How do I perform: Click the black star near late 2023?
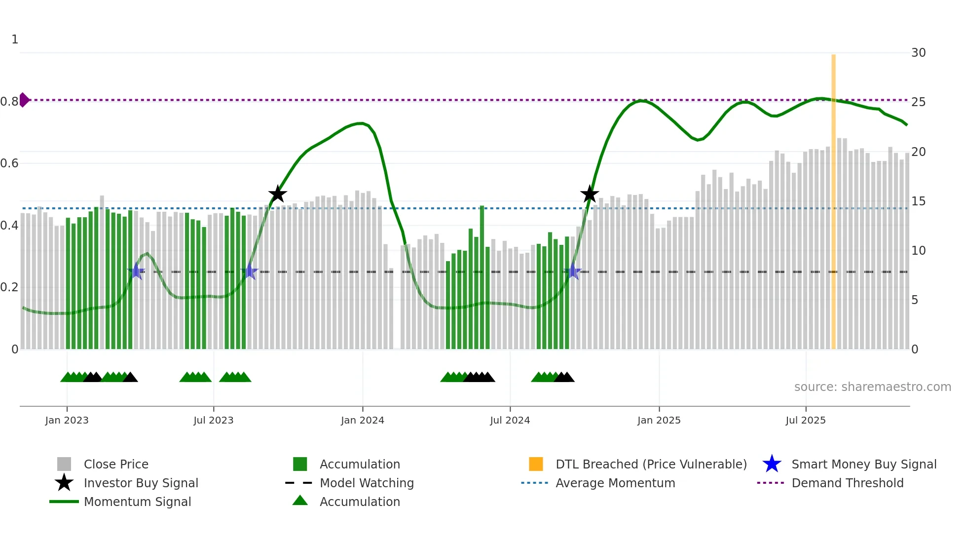coord(278,194)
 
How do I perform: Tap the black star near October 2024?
coord(589,194)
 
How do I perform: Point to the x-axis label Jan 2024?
coord(362,420)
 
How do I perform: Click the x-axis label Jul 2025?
coord(805,420)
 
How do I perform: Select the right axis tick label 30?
coord(918,53)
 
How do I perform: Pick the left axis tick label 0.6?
coord(9,163)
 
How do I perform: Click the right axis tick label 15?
coord(918,201)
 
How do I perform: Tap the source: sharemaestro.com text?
coord(872,387)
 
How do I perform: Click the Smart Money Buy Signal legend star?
coord(772,464)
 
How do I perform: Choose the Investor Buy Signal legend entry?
coord(141,483)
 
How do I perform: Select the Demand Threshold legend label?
coord(847,483)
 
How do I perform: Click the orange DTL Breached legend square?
coord(536,464)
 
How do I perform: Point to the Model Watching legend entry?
coord(367,483)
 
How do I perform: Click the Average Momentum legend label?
coord(615,483)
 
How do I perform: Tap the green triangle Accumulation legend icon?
coord(300,501)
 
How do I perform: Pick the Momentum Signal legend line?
coord(64,502)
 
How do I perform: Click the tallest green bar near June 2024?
coord(482,276)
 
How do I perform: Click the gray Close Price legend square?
coord(64,464)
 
